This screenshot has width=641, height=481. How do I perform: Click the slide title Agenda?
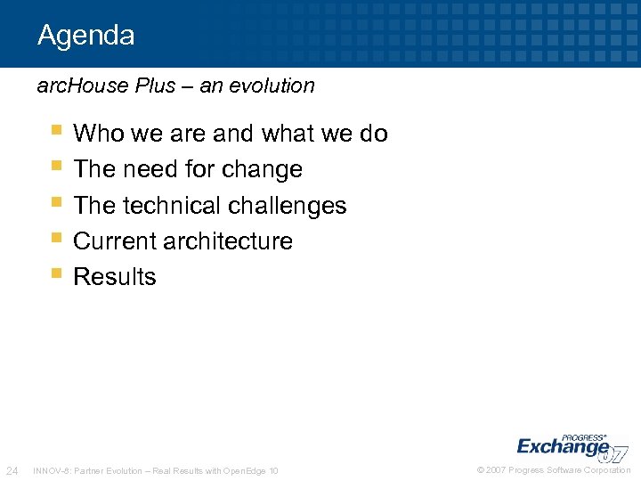pos(85,36)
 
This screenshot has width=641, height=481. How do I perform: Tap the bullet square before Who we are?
pos(57,131)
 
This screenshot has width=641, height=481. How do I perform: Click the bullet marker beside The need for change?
pos(57,167)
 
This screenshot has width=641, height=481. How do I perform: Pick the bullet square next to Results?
pos(57,274)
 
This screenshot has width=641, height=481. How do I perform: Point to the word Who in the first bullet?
pos(99,134)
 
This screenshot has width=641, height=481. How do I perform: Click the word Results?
pos(115,277)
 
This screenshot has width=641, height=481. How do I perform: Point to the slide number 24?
pos(12,470)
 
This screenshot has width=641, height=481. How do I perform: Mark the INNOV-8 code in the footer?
pos(50,470)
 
